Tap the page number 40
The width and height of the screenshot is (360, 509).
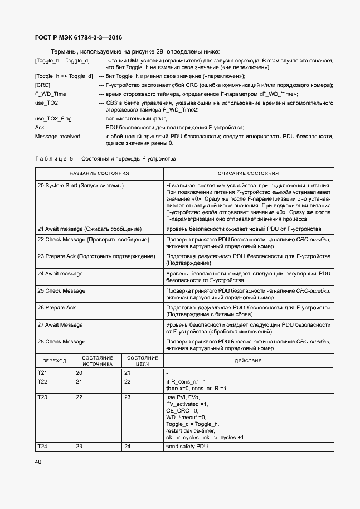point(38,462)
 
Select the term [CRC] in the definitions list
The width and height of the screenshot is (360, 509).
point(42,85)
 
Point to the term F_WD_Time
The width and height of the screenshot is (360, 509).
point(50,94)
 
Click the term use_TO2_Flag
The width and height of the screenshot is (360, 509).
point(53,119)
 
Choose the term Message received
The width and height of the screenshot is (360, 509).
point(57,137)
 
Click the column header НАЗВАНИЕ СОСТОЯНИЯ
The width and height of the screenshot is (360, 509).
point(99,174)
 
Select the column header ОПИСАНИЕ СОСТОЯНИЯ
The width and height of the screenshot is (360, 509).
point(248,174)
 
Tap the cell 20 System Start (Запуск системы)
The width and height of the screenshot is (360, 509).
point(80,185)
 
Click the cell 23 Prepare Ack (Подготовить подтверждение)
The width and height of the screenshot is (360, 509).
point(96,256)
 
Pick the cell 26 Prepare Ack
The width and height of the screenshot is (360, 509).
point(56,308)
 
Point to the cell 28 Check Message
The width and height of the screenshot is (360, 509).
point(61,341)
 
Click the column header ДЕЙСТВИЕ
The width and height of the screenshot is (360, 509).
point(248,361)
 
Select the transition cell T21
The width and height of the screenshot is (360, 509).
point(42,372)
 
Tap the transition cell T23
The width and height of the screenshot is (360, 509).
point(42,397)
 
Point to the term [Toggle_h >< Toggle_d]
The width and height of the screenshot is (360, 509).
point(64,76)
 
